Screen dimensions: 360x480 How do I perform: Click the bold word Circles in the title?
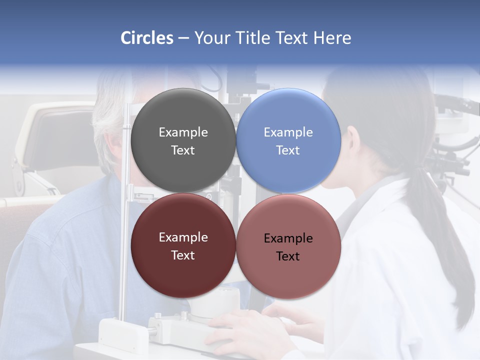click(x=147, y=38)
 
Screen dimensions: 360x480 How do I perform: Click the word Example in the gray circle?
click(x=183, y=132)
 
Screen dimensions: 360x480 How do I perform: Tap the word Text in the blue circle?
click(x=288, y=150)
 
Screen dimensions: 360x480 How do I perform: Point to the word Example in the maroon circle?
click(x=183, y=237)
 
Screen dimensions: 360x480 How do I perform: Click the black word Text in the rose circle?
click(x=288, y=256)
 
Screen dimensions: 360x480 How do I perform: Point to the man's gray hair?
click(x=107, y=115)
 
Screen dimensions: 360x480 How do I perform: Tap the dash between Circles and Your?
click(x=183, y=38)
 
